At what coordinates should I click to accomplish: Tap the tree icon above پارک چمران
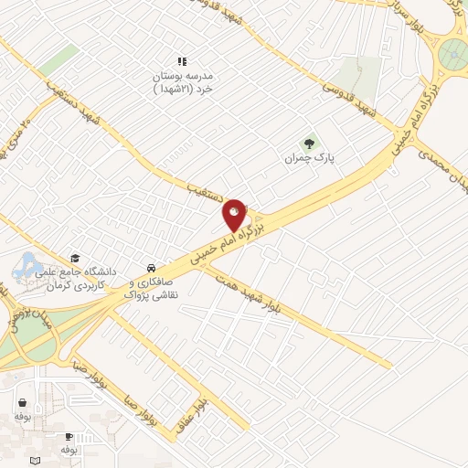click(x=310, y=143)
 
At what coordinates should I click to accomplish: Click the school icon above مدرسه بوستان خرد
click(x=181, y=60)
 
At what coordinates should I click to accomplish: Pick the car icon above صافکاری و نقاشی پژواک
click(x=149, y=268)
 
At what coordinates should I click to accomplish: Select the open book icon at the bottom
click(x=36, y=459)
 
